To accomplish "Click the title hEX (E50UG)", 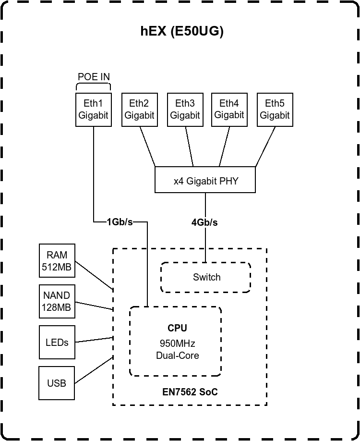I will pos(182,32).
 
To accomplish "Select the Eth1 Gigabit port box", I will pos(94,110).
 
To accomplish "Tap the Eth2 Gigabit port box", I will pos(139,110).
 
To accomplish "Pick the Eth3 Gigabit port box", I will pos(185,110).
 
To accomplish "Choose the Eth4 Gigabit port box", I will pos(229,110).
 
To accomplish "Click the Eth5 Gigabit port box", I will pos(275,110).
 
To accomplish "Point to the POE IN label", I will pos(94,77).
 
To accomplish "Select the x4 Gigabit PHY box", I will pos(205,181).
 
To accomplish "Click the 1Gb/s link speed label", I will pos(120,222).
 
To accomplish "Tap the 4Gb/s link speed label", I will pos(204,222).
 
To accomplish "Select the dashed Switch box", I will pos(206,277).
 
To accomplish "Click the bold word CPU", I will pos(177,328).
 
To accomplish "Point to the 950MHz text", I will pos(177,343).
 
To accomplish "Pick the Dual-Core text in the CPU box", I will pos(177,355).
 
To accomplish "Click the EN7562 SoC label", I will pos(190,392).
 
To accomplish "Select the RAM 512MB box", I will pos(57,261).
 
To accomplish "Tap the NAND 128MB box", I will pos(57,301).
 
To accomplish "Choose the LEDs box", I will pos(57,343).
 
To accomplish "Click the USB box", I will pos(57,383).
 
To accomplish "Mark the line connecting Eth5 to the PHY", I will pos(265,147).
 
